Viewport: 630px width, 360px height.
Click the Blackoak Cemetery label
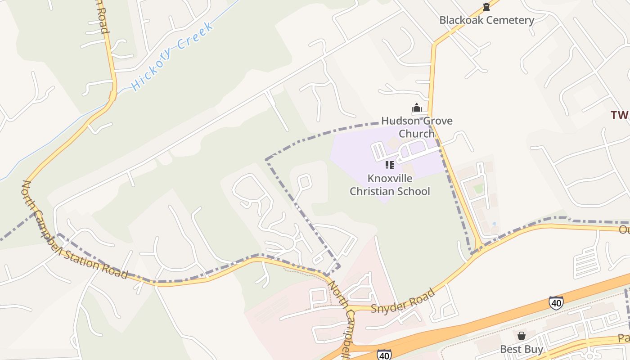486,20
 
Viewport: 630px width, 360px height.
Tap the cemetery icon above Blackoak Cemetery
486,7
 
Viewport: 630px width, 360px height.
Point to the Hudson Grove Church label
417,127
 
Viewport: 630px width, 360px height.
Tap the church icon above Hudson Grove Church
417,108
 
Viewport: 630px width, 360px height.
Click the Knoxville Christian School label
390,184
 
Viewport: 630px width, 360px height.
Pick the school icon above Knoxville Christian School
390,165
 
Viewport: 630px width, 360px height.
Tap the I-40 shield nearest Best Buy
556,303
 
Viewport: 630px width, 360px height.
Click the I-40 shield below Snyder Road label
384,355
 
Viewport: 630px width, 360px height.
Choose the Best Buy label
522,349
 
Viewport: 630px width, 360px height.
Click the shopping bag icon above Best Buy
521,336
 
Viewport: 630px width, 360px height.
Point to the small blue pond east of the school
495,224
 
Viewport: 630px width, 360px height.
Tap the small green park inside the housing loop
479,188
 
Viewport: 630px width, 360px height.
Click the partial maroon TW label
620,115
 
